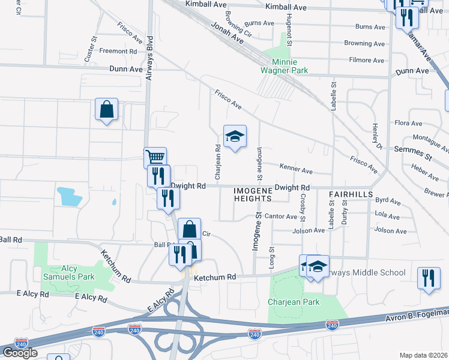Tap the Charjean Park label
[x=294, y=302]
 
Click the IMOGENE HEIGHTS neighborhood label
[x=252, y=194]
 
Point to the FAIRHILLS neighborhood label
[x=351, y=195]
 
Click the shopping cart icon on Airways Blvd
[x=155, y=158]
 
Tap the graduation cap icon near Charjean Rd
[x=235, y=136]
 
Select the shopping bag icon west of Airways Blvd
[x=106, y=110]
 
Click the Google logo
[x=20, y=352]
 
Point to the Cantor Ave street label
[x=281, y=216]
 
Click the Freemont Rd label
[x=118, y=52]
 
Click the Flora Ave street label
[x=409, y=123]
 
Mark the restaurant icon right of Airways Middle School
[x=428, y=278]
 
